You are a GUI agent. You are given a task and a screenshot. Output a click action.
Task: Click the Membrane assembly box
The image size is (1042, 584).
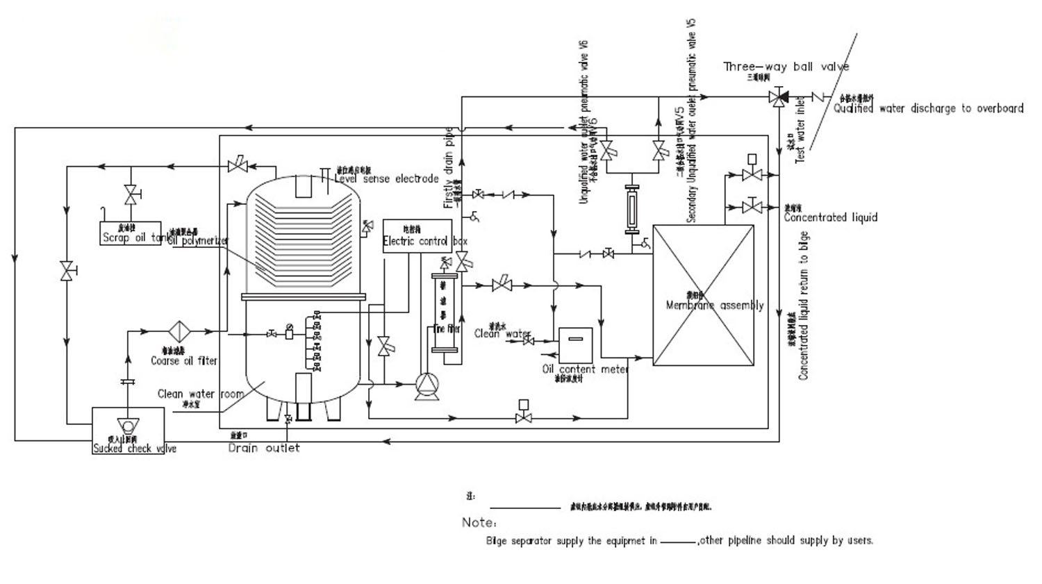coord(703,295)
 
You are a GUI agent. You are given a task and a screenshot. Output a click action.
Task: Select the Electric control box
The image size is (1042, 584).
coord(417,236)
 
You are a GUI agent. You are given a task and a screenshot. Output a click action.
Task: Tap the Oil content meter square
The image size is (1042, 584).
coord(575,345)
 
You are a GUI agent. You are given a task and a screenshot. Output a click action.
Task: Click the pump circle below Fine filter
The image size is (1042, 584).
coord(425,384)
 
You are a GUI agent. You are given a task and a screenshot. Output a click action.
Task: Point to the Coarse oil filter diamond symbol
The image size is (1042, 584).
coord(179,332)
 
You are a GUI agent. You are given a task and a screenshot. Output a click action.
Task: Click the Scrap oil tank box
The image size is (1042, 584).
coord(130,233)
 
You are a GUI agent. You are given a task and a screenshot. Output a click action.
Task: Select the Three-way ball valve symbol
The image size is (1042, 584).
coord(779,98)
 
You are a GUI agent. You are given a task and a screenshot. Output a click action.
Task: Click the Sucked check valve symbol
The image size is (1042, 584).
coord(128,425)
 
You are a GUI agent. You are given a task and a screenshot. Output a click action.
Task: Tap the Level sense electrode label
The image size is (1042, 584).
coord(386,179)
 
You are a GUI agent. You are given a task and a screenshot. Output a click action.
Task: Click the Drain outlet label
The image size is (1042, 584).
coord(264,449)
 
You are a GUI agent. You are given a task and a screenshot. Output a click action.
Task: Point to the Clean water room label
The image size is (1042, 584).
coord(200,394)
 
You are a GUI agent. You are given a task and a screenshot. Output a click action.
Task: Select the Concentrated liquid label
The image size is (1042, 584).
coord(830,217)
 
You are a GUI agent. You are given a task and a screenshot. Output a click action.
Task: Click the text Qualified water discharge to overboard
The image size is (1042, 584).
coord(928,108)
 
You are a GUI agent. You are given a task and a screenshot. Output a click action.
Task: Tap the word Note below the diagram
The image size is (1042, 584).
coord(479,522)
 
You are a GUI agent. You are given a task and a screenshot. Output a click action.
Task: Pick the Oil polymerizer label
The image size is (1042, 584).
coord(199,241)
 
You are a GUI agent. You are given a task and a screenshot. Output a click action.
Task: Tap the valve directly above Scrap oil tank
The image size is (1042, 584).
coord(130,194)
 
